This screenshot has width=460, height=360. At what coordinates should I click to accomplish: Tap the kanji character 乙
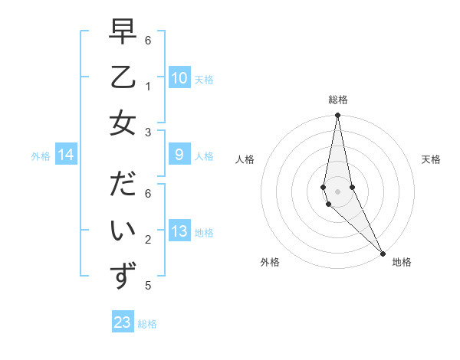pyautogui.click(x=123, y=77)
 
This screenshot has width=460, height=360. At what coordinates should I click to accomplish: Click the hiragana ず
pyautogui.click(x=123, y=276)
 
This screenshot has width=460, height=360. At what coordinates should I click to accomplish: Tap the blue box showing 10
pyautogui.click(x=179, y=78)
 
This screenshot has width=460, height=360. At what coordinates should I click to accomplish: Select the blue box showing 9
pyautogui.click(x=179, y=155)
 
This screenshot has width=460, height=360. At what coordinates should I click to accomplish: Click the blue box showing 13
pyautogui.click(x=179, y=231)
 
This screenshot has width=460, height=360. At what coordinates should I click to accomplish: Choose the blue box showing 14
pyautogui.click(x=66, y=155)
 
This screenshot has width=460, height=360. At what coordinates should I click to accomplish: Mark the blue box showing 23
pyautogui.click(x=123, y=322)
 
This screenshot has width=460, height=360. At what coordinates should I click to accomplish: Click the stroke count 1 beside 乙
pyautogui.click(x=148, y=86)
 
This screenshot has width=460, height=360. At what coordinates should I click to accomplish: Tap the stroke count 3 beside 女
pyautogui.click(x=148, y=132)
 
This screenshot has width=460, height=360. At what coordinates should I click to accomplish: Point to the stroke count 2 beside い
pyautogui.click(x=148, y=240)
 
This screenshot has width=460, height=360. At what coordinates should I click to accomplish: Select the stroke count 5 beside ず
pyautogui.click(x=148, y=286)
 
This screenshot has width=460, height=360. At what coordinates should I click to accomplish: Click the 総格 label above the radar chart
pyautogui.click(x=338, y=100)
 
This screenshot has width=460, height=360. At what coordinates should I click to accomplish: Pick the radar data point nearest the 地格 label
pyautogui.click(x=382, y=252)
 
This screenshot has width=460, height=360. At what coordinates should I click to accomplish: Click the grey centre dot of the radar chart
pyautogui.click(x=338, y=191)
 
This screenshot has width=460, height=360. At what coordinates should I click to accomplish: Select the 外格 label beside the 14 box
pyautogui.click(x=41, y=155)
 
